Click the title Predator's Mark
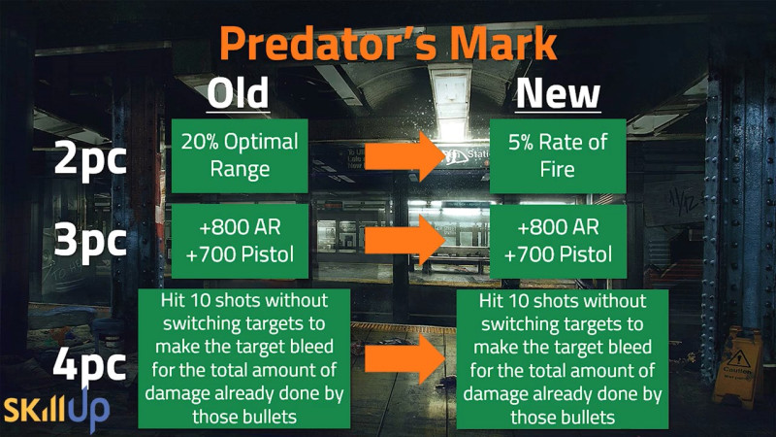click(x=388, y=44)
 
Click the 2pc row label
click(x=90, y=158)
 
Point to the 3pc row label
click(x=90, y=241)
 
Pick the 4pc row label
click(x=89, y=365)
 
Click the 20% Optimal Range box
click(x=240, y=155)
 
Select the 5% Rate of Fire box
click(x=558, y=155)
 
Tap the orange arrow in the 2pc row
click(x=404, y=156)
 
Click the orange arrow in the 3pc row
click(x=404, y=240)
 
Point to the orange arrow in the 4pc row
click(x=404, y=359)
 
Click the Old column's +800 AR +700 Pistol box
click(x=240, y=241)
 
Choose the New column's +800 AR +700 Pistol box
click(x=558, y=241)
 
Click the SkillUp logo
click(x=57, y=409)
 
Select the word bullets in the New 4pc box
click(x=589, y=417)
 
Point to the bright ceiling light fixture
click(x=451, y=103)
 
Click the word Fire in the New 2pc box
click(x=557, y=169)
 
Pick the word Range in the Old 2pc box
click(x=240, y=169)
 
